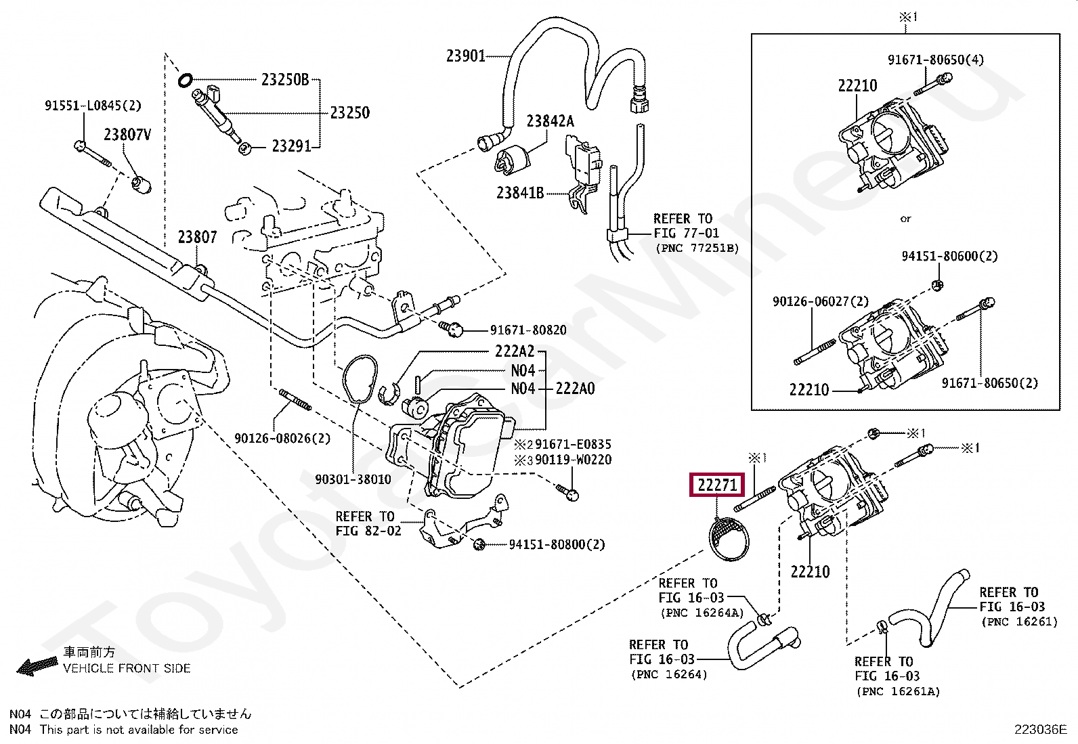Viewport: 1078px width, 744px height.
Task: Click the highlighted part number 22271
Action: (717, 485)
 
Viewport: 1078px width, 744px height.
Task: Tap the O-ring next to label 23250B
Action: (186, 80)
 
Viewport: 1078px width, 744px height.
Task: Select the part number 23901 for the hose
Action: (465, 56)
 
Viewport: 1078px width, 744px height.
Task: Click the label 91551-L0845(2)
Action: (93, 106)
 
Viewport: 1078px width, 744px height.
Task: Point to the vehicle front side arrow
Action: (37, 666)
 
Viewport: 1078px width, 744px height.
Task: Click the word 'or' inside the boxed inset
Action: (905, 219)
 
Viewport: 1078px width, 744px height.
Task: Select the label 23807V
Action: (127, 135)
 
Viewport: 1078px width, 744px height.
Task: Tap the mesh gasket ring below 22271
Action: (729, 539)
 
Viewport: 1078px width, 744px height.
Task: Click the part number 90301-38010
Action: (353, 479)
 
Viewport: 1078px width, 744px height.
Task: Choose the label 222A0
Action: (575, 389)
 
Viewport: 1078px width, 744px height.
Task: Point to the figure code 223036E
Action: (1041, 730)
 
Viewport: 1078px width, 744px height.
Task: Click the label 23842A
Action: (550, 121)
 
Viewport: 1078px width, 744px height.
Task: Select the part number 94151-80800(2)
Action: (557, 544)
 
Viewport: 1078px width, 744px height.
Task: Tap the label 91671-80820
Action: (528, 330)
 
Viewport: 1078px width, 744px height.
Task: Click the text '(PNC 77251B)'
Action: (697, 248)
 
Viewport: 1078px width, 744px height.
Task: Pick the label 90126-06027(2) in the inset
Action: (821, 302)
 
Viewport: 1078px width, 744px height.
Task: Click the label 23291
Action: (291, 146)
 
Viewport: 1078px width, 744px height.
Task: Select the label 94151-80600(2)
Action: (949, 256)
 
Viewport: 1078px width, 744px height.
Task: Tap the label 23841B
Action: (520, 193)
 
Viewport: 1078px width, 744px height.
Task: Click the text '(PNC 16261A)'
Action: (898, 692)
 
